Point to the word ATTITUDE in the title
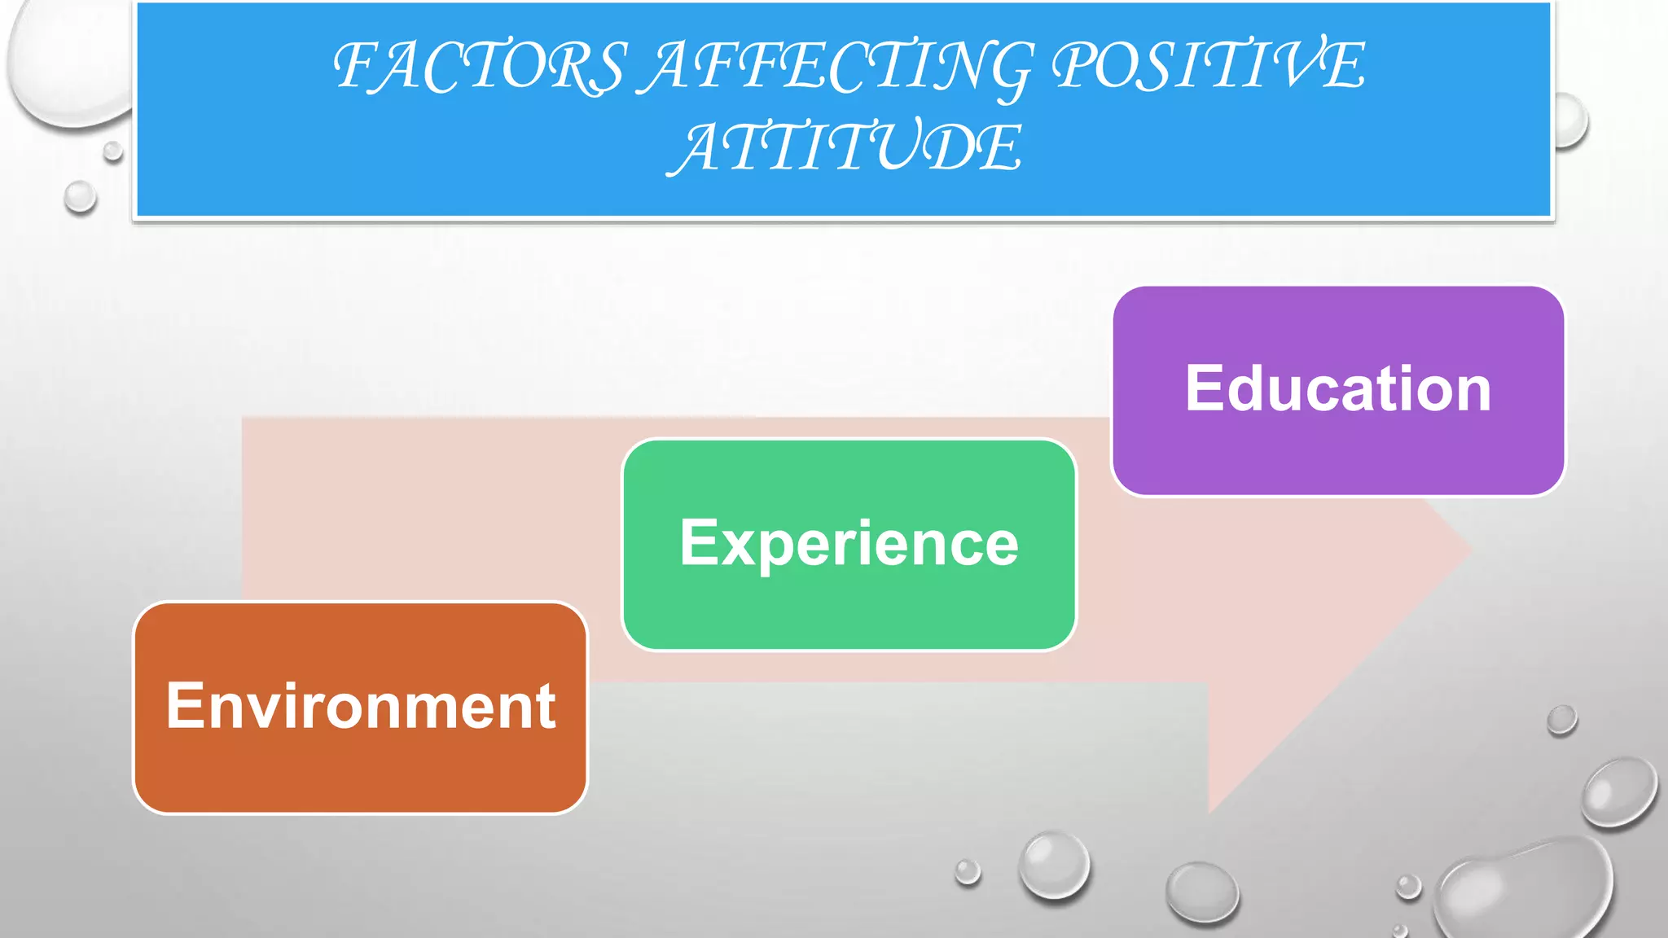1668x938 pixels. pyautogui.click(x=845, y=148)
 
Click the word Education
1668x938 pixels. pyautogui.click(x=1337, y=388)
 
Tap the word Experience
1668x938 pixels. pyautogui.click(x=849, y=543)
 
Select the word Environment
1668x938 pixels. pyautogui.click(x=361, y=706)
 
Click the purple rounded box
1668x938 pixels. pyautogui.click(x=1337, y=456)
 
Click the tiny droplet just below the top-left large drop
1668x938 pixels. pyautogui.click(x=113, y=151)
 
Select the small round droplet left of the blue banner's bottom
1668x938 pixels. pyautogui.click(x=80, y=197)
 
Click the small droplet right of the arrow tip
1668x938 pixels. pyautogui.click(x=1561, y=720)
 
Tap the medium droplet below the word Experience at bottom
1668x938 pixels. pyautogui.click(x=1054, y=865)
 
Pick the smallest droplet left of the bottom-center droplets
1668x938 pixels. pyautogui.click(x=968, y=871)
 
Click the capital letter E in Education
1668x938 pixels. pyautogui.click(x=1205, y=388)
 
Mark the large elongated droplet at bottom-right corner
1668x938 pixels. pyautogui.click(x=1523, y=892)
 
